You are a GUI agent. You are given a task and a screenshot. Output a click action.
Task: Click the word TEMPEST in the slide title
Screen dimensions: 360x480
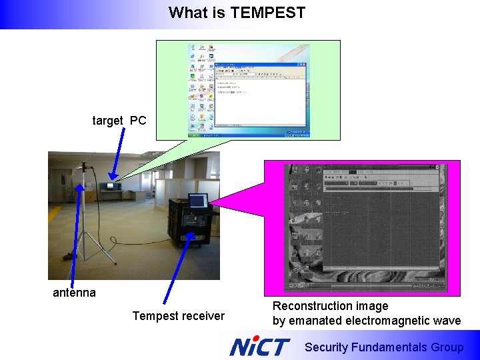(267, 13)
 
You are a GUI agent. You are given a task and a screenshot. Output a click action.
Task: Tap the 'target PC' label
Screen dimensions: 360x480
(119, 121)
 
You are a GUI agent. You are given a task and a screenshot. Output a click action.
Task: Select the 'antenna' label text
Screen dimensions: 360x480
(74, 293)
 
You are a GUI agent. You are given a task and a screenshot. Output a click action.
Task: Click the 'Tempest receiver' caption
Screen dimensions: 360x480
(178, 316)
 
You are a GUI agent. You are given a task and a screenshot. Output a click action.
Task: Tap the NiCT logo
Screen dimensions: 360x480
(259, 346)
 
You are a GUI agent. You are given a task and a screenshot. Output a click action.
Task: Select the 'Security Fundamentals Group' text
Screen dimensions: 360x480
(383, 347)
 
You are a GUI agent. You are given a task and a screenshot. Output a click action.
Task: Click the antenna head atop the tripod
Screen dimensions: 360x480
(85, 167)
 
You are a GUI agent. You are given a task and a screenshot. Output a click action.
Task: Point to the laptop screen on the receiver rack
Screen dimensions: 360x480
(197, 201)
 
